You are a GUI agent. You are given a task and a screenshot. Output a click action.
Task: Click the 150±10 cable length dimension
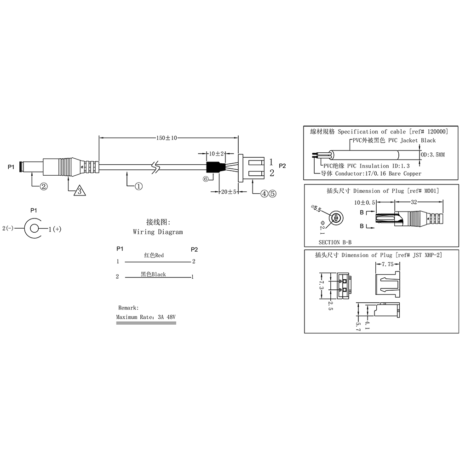167,138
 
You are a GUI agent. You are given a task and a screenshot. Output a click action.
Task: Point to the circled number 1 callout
138,186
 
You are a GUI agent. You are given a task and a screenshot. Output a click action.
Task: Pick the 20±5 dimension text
228,192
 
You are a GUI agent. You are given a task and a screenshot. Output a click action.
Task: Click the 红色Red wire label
154,255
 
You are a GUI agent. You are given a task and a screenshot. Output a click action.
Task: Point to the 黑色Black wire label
153,274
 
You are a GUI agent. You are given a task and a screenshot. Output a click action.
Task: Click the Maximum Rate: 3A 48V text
146,317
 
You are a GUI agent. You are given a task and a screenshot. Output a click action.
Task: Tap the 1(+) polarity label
54,229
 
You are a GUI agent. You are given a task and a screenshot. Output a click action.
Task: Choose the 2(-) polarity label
11,228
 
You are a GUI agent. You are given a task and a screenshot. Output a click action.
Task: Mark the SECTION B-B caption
336,241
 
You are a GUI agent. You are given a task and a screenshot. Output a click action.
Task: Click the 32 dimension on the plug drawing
414,201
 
